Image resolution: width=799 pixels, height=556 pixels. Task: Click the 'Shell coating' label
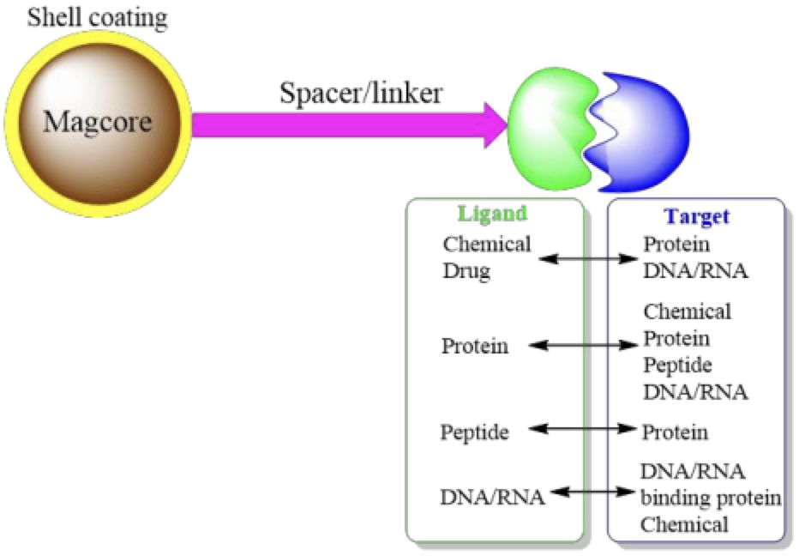click(x=97, y=18)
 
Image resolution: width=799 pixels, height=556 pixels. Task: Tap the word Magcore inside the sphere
click(x=97, y=121)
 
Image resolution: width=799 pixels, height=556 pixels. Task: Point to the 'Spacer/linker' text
click(x=361, y=92)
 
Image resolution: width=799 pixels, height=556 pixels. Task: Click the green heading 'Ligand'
click(x=493, y=214)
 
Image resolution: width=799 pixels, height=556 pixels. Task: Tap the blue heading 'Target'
click(x=696, y=217)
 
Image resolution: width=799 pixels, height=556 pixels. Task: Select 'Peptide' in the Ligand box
click(x=475, y=432)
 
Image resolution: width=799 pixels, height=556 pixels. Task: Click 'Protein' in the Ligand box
click(x=475, y=347)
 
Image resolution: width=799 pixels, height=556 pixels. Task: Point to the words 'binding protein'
click(x=711, y=499)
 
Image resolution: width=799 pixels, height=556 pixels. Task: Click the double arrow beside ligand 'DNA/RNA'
click(x=594, y=493)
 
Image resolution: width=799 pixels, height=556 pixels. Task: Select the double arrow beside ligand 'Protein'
click(x=584, y=346)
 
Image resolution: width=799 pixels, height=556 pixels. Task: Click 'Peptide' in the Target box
click(x=677, y=365)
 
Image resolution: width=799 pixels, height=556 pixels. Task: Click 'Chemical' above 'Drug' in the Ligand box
click(x=487, y=244)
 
